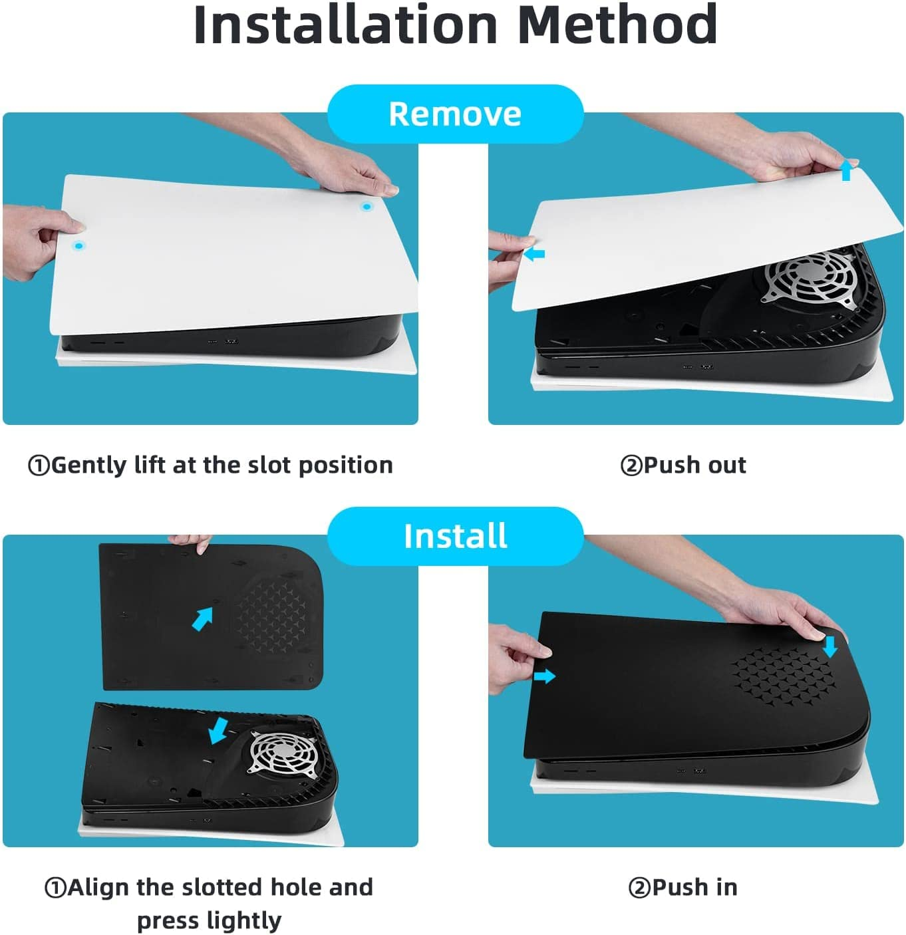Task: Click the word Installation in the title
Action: (x=345, y=25)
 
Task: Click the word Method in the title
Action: (x=617, y=25)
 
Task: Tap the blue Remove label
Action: (x=455, y=114)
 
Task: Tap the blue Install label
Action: (x=455, y=536)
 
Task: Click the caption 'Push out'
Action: (x=683, y=465)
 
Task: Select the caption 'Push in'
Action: (x=683, y=887)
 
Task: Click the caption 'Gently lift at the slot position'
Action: (x=210, y=465)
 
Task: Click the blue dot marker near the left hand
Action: (x=79, y=246)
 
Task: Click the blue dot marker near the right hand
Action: (x=366, y=207)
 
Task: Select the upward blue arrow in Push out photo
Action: (x=845, y=170)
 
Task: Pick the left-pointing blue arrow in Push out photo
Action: (x=534, y=254)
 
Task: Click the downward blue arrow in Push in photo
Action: (x=830, y=646)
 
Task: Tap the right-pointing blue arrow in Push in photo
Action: (x=544, y=676)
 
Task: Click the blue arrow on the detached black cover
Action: (x=202, y=619)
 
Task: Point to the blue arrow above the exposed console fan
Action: (x=218, y=730)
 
